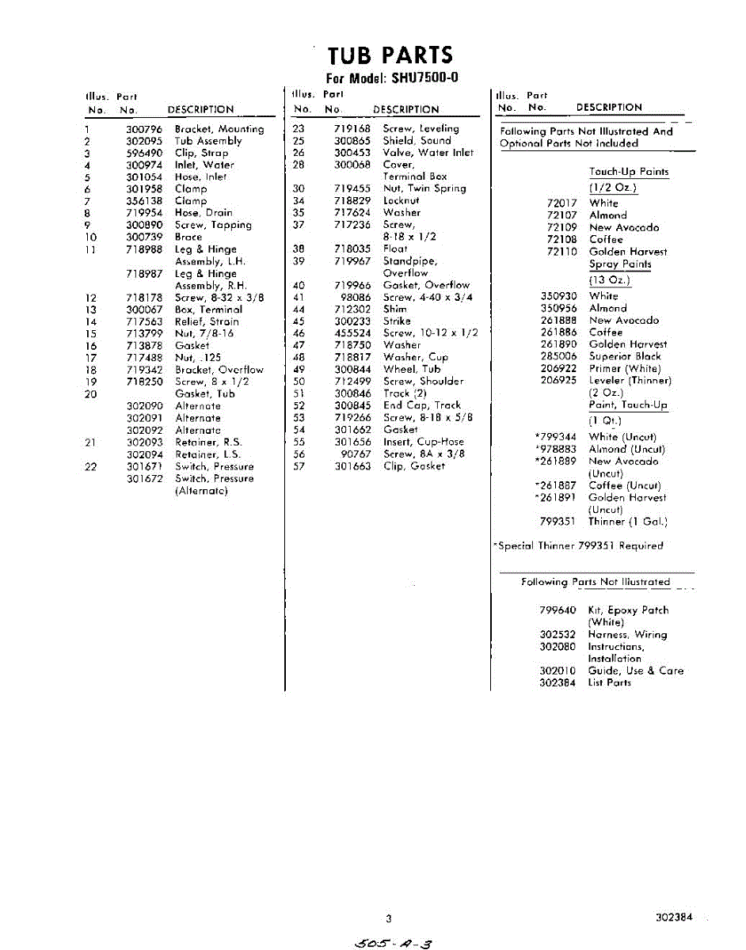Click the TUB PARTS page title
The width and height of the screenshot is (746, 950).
(390, 55)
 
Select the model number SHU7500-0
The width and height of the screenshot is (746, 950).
(425, 78)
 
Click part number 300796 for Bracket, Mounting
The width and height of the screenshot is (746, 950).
(144, 129)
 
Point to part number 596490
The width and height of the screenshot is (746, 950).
(144, 153)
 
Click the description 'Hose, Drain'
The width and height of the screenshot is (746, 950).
(204, 213)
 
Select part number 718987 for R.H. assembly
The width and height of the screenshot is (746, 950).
(144, 273)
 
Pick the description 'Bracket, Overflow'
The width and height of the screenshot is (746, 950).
(219, 370)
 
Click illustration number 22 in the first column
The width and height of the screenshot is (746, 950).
(91, 466)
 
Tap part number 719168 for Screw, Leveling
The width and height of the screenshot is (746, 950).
(352, 128)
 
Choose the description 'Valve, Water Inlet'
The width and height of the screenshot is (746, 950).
(428, 153)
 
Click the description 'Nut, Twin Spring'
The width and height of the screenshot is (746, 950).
(424, 188)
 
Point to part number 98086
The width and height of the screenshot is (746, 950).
(356, 297)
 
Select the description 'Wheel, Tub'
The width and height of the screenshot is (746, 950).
(412, 369)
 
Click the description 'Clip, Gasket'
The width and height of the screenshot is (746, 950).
(413, 466)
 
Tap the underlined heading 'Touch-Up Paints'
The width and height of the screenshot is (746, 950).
(629, 172)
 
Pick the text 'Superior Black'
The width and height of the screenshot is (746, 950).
(625, 356)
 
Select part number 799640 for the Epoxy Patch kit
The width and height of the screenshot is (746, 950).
(558, 610)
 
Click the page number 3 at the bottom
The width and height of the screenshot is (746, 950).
(389, 918)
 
